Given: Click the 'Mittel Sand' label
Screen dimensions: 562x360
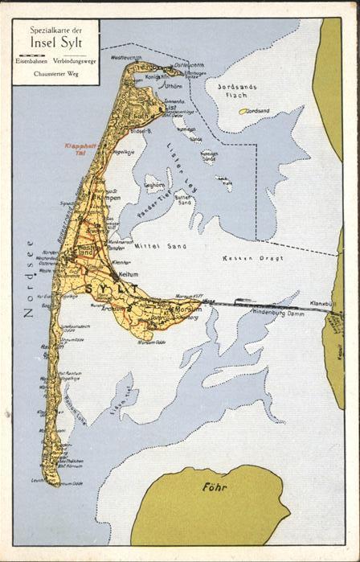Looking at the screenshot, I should point(154,244).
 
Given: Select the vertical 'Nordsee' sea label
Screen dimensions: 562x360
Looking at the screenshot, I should point(29,278).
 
